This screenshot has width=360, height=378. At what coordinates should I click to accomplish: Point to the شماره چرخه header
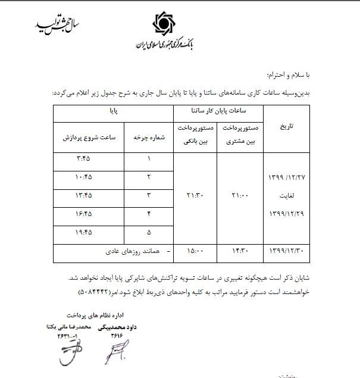[x=148, y=138]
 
